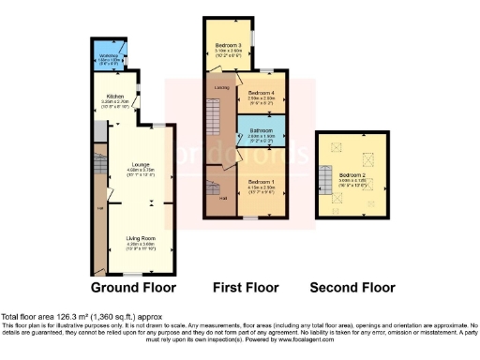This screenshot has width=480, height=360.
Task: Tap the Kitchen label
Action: click(115, 96)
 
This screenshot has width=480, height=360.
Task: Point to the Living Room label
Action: click(140, 238)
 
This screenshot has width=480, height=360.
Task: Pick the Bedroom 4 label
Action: click(262, 93)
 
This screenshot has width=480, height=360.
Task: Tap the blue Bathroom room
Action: click(262, 134)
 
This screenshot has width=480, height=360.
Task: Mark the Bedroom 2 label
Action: click(352, 175)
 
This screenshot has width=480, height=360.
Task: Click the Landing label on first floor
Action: click(221, 87)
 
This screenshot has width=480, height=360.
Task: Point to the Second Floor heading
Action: click(352, 287)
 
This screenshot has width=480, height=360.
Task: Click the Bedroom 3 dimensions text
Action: click(229, 52)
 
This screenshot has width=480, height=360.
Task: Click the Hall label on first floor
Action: click(221, 198)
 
